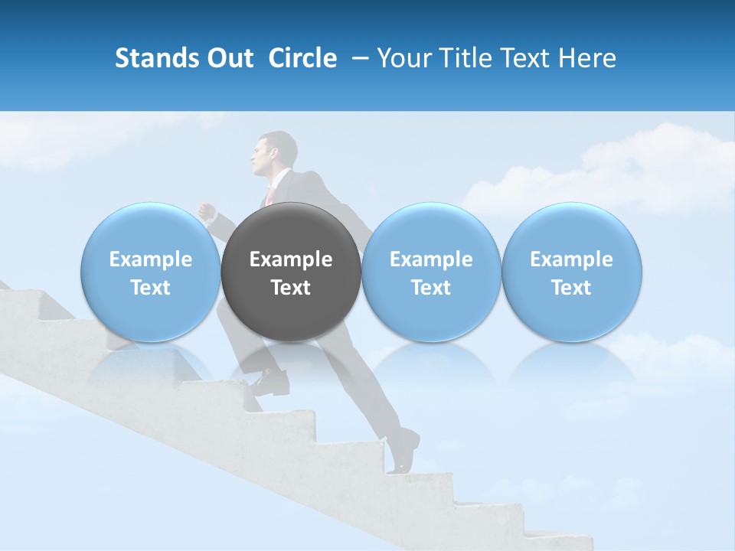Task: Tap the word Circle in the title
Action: pyautogui.click(x=302, y=58)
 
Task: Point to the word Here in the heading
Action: pyautogui.click(x=588, y=58)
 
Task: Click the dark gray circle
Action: pyautogui.click(x=291, y=272)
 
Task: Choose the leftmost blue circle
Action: pyautogui.click(x=151, y=272)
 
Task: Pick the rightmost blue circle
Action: pyautogui.click(x=571, y=272)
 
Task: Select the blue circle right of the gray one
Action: pyautogui.click(x=431, y=272)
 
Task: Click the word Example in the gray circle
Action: pyautogui.click(x=291, y=259)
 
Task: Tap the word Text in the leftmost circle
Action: pyautogui.click(x=151, y=288)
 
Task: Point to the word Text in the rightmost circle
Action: pyautogui.click(x=571, y=288)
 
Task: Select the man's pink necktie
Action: pyautogui.click(x=269, y=195)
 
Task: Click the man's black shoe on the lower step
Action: pyautogui.click(x=404, y=452)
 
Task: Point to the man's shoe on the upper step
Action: pyautogui.click(x=268, y=379)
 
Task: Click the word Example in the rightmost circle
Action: pyautogui.click(x=571, y=259)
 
